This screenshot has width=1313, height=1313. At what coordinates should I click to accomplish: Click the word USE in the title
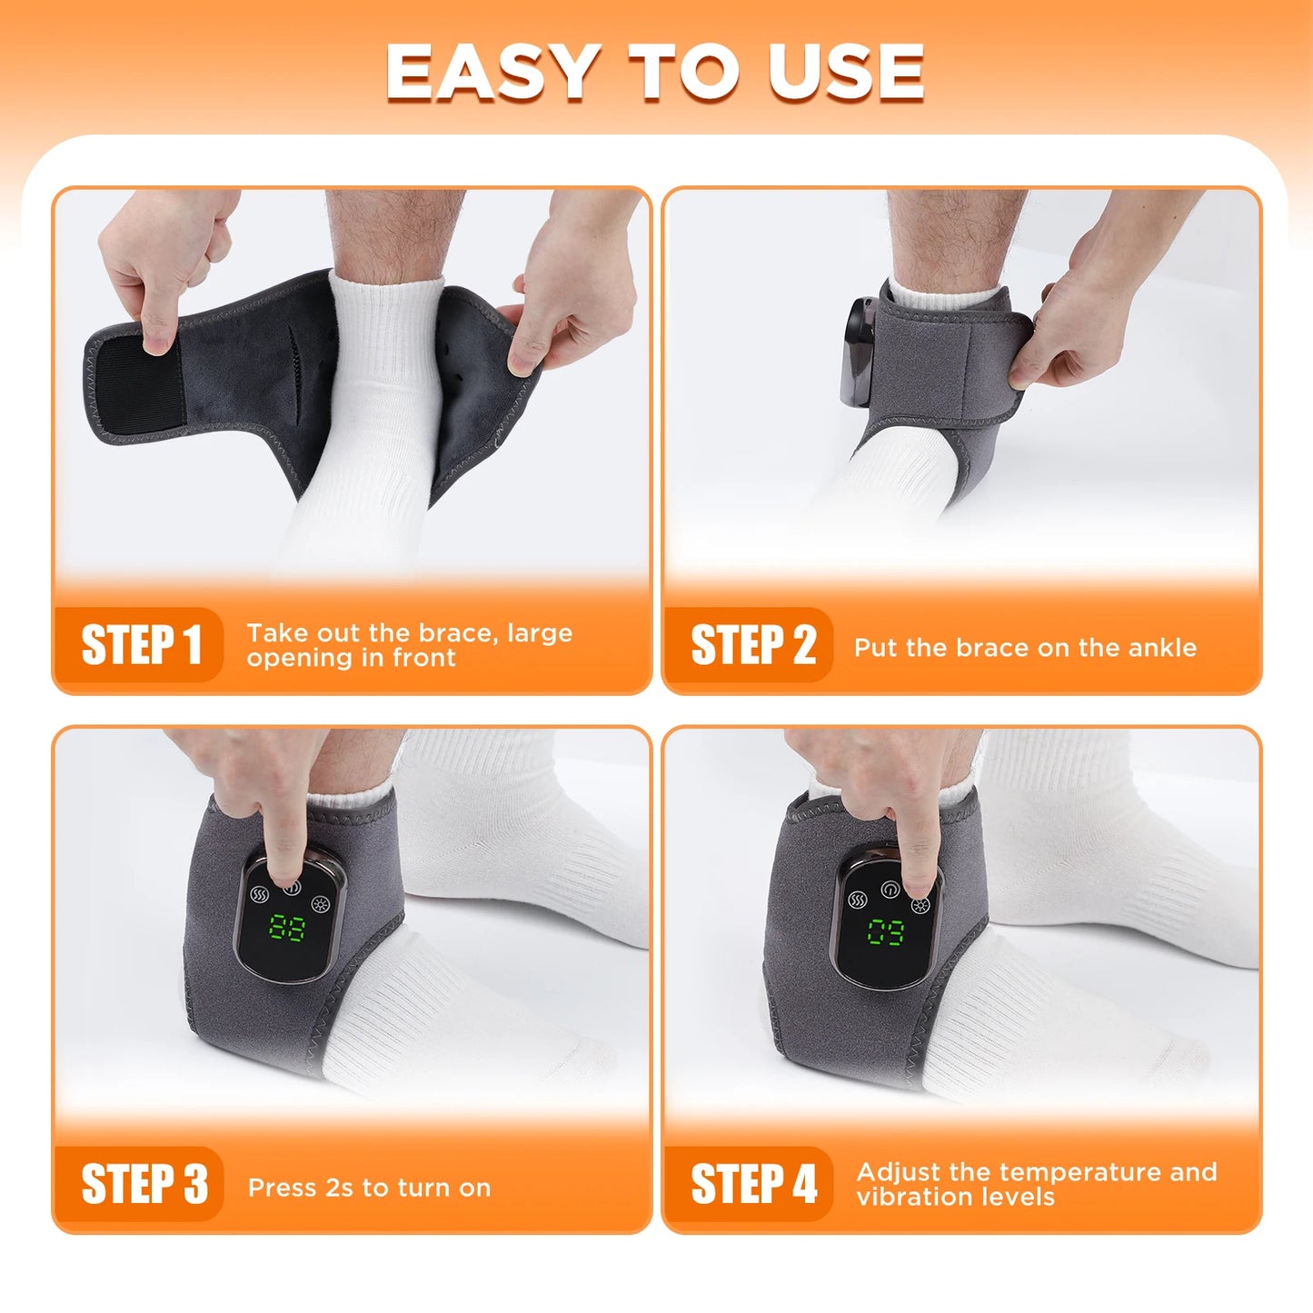[x=845, y=72]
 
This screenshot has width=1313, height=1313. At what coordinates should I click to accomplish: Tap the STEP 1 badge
[x=140, y=644]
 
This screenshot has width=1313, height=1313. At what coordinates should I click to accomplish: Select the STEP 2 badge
[x=751, y=644]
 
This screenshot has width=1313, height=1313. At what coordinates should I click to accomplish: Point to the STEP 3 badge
[x=143, y=1184]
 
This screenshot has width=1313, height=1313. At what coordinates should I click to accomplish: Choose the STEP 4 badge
[x=752, y=1184]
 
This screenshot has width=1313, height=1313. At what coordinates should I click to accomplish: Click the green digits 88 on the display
[x=287, y=929]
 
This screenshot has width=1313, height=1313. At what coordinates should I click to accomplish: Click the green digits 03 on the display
[x=885, y=932]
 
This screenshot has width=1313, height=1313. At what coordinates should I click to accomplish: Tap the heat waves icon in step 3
[x=260, y=894]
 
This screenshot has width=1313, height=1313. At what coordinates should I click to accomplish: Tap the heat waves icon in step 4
[x=857, y=900]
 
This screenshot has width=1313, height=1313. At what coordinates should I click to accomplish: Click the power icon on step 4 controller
[x=890, y=888]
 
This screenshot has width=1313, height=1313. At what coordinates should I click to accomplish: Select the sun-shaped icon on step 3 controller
[x=320, y=903]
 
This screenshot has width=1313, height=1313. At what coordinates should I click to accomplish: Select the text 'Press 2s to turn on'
[x=369, y=1188]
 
